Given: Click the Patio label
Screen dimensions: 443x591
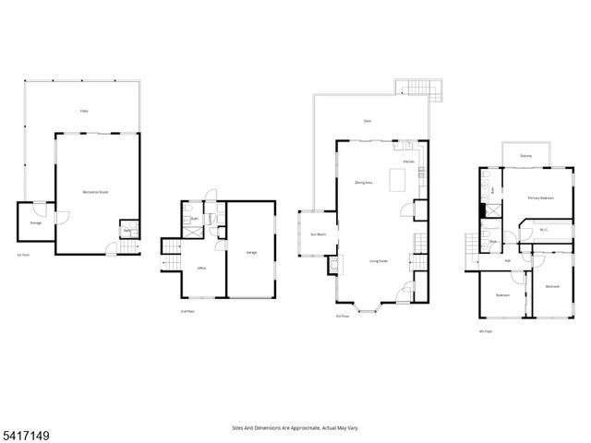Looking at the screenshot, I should pyautogui.click(x=84, y=111).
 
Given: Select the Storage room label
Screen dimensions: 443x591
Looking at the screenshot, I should pyautogui.click(x=36, y=222).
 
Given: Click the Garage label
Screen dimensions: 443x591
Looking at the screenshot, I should pyautogui.click(x=251, y=251).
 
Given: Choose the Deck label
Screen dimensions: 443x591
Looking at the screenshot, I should pyautogui.click(x=368, y=120).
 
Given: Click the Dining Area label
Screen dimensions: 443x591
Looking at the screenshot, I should pyautogui.click(x=364, y=183).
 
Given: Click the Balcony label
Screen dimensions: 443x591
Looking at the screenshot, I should pyautogui.click(x=525, y=155).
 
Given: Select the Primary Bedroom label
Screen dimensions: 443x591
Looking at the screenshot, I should pyautogui.click(x=541, y=198).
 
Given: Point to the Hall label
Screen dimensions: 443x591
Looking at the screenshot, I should pyautogui.click(x=508, y=260).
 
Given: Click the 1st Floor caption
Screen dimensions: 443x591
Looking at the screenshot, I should pyautogui.click(x=21, y=255).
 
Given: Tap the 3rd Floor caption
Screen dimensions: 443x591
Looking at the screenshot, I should pyautogui.click(x=341, y=315).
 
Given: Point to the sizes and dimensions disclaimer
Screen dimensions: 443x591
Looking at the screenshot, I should pyautogui.click(x=294, y=427).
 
